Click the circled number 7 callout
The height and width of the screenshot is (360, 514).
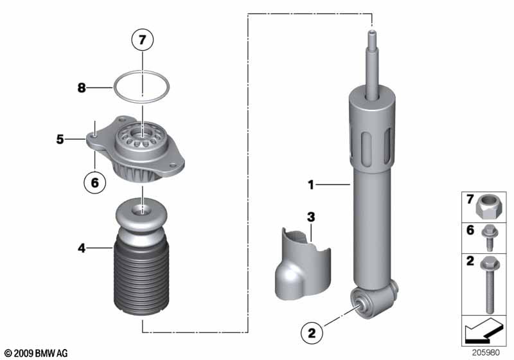click(x=143, y=40)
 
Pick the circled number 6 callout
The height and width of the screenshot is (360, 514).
click(x=94, y=183)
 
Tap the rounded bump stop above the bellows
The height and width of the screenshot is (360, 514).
click(x=141, y=219)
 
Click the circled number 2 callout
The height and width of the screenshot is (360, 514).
click(x=312, y=333)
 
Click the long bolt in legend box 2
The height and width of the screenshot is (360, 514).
click(x=487, y=283)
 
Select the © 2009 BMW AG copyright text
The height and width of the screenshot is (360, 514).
click(x=36, y=353)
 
